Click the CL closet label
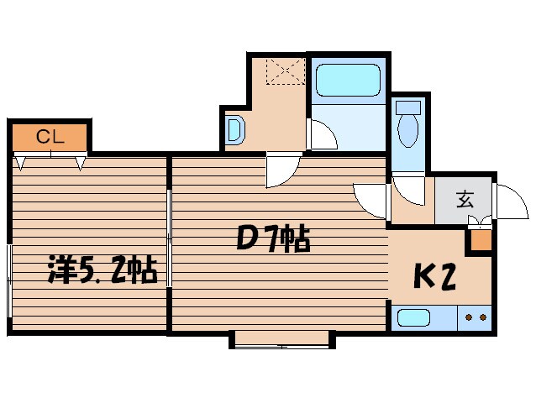point(50,137)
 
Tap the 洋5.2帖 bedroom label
point(102,269)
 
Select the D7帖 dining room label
point(274,238)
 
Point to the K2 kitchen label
point(435,276)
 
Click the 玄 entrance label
point(465,199)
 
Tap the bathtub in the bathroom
point(348,80)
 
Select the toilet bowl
point(408,130)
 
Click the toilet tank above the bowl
point(408,107)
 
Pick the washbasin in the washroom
point(236,130)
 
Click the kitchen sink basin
point(413,318)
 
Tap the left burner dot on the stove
point(469,317)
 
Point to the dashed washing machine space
point(286,71)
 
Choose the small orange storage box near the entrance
point(481,240)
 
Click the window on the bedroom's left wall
point(9,280)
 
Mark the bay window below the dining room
point(282,340)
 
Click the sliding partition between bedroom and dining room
point(169,238)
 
